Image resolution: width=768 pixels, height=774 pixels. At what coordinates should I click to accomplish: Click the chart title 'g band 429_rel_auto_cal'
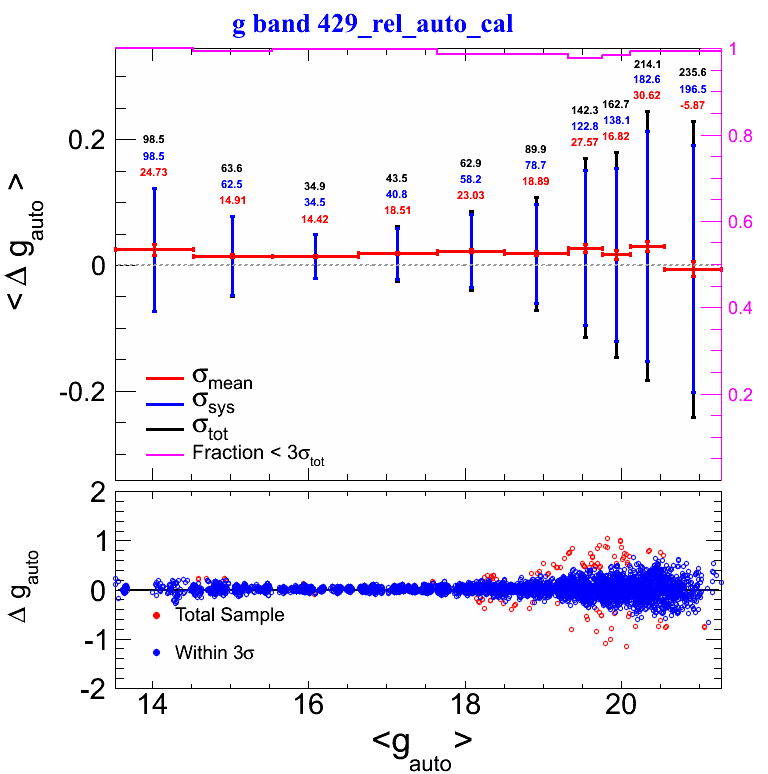[372, 25]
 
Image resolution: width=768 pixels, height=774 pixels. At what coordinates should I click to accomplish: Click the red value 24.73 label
[154, 173]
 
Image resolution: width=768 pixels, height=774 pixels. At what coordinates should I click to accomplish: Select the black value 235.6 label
[692, 72]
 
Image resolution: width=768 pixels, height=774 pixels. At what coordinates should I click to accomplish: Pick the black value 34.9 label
[315, 187]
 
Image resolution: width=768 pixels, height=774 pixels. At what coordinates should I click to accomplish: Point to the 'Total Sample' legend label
[229, 615]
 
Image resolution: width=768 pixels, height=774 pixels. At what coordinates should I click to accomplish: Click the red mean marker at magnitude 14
[154, 249]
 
